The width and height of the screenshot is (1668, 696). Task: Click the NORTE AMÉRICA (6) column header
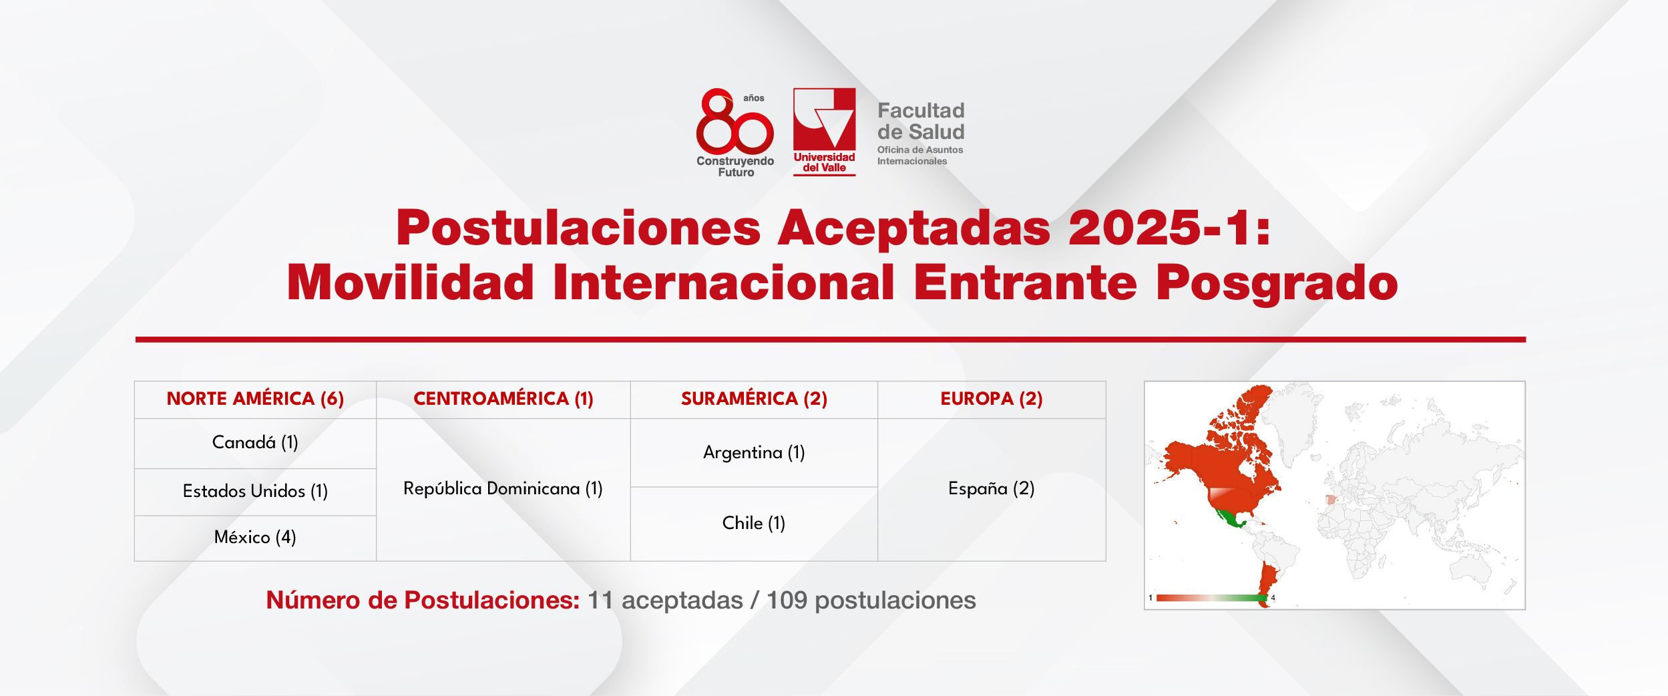(255, 399)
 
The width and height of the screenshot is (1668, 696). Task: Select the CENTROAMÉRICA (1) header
(503, 399)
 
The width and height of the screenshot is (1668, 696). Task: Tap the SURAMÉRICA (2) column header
(754, 399)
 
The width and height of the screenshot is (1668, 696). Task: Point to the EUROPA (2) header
(992, 399)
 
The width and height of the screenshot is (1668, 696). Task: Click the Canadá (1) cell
(255, 442)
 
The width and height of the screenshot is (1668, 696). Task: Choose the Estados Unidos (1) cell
(255, 491)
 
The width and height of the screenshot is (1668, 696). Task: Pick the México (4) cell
(255, 537)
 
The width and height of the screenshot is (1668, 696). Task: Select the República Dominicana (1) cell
(503, 488)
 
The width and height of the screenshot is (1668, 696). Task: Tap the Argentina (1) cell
(754, 452)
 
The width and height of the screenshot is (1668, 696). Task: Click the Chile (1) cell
(754, 523)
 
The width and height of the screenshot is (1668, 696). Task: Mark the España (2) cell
(992, 488)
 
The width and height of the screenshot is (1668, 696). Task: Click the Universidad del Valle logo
(825, 132)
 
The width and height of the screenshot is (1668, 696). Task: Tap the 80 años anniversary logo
(735, 133)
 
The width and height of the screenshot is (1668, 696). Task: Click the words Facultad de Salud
(921, 121)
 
